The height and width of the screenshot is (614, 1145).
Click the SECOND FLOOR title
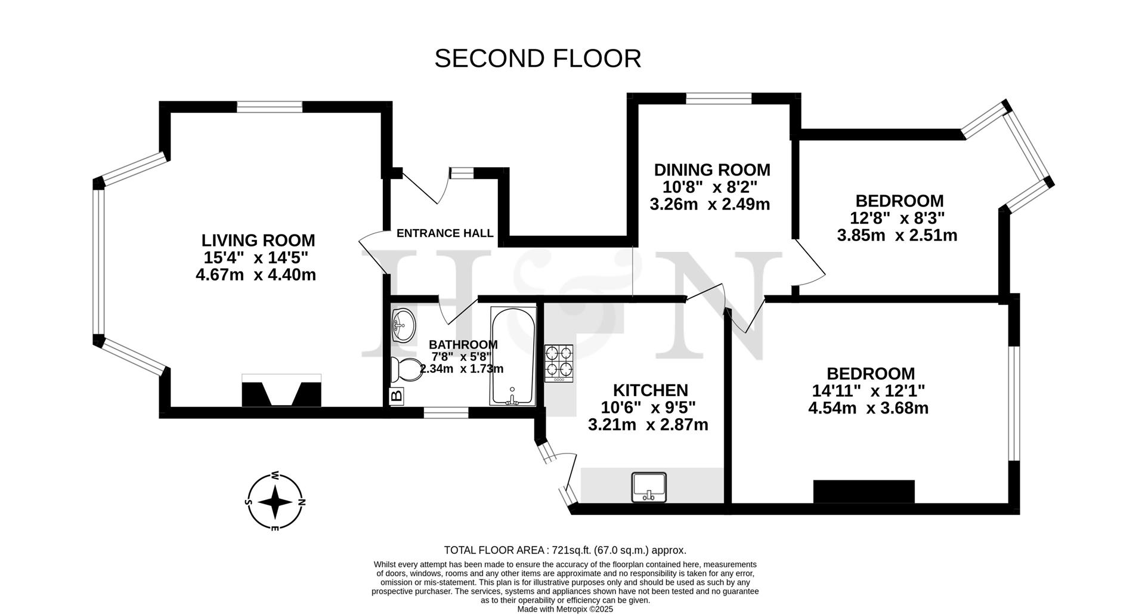[537, 58]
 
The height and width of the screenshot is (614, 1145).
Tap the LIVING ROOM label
[258, 240]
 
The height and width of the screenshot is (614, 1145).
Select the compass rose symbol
[275, 502]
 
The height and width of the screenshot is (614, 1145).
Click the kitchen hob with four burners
[559, 363]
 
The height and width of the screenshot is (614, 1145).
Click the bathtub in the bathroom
[512, 356]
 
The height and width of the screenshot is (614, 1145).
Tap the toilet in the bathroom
[405, 370]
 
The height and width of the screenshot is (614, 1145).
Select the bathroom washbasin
[404, 325]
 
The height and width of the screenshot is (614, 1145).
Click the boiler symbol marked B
[396, 396]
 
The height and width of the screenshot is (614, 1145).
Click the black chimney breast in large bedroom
[864, 491]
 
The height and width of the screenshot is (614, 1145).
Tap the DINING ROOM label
[712, 170]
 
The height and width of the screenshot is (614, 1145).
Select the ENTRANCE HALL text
[445, 233]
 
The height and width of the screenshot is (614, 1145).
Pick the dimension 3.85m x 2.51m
[897, 235]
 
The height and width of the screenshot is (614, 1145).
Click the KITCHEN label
[650, 390]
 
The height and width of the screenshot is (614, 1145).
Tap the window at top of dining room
[718, 98]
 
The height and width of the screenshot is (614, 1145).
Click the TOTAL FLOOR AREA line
[565, 550]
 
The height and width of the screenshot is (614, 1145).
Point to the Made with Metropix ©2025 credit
[565, 609]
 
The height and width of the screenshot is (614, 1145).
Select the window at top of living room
[270, 107]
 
